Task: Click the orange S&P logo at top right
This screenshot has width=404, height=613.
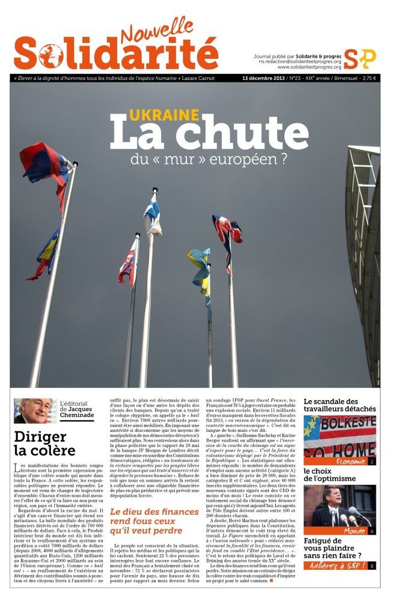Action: [x=360, y=58]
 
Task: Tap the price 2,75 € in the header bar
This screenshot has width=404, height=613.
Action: [x=365, y=78]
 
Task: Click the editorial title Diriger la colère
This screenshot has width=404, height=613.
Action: [x=45, y=443]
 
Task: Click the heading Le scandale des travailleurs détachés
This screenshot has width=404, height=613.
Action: [x=340, y=405]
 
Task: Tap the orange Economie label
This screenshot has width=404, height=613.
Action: [x=352, y=461]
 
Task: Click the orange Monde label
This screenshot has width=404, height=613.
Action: [x=355, y=531]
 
